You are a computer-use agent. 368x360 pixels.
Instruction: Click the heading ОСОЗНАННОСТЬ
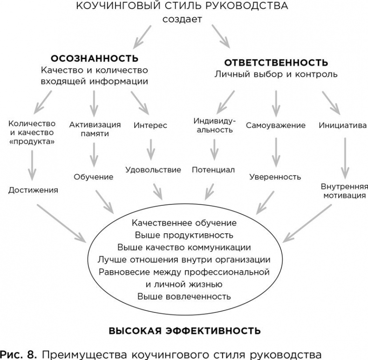94,59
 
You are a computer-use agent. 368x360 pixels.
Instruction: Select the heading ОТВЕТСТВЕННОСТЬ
276,62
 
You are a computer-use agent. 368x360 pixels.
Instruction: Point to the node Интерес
150,125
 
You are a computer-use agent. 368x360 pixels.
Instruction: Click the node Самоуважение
276,125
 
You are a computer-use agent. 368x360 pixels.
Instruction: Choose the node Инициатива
342,125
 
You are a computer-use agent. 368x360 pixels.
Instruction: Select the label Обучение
93,177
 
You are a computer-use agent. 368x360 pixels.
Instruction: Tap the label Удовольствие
153,170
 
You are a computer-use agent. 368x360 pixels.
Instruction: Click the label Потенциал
213,170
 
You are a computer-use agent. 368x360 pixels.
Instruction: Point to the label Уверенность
275,177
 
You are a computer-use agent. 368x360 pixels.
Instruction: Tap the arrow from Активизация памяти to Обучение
95,154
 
